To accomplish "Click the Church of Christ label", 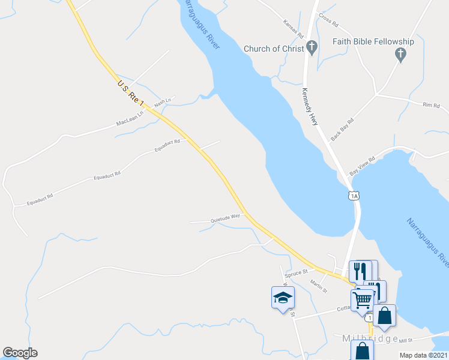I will tap(273, 49).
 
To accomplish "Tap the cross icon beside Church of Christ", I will tap(312, 47).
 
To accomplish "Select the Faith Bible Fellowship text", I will tap(373, 41).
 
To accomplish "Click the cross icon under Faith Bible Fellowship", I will tap(400, 55).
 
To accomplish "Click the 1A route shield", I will tap(354, 195).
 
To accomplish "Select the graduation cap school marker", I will tap(283, 298).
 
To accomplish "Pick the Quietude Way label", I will tap(225, 220).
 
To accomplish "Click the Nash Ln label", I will tap(163, 103).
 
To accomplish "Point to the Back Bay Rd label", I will tap(343, 128).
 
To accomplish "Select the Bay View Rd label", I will tap(363, 166).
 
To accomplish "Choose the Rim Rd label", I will tap(431, 106).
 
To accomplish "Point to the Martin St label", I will tap(319, 286).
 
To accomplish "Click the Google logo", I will tap(20, 353).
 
